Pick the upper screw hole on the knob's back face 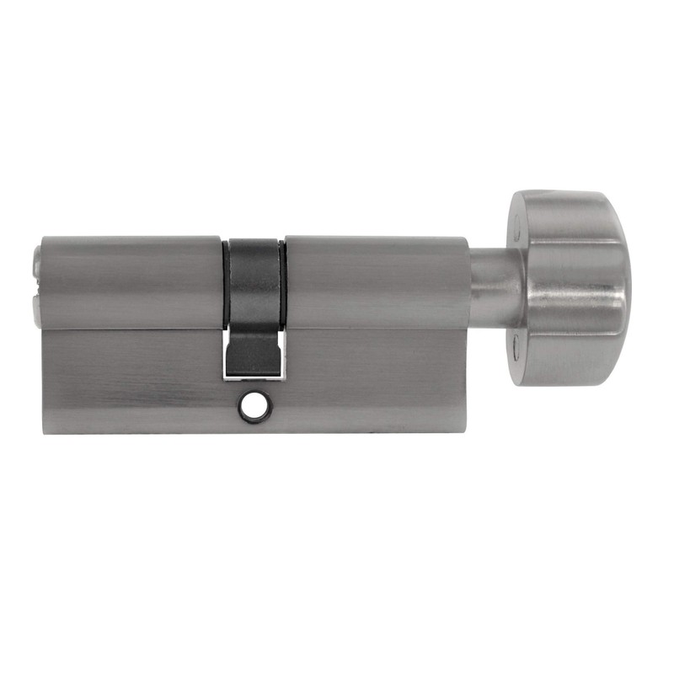click(515, 227)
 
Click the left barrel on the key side click(131, 282)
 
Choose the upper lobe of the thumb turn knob click(564, 221)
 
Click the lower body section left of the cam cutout click(131, 379)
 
